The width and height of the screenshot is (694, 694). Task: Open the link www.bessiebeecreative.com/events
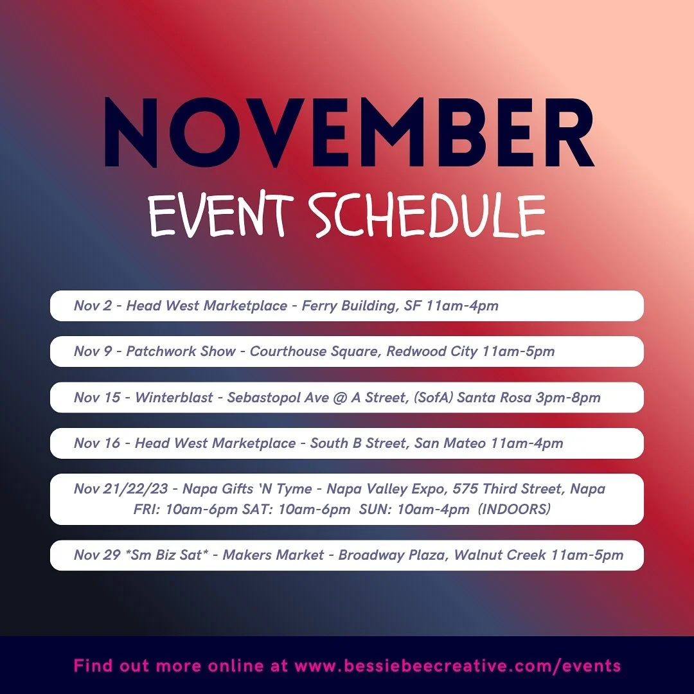point(457,666)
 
